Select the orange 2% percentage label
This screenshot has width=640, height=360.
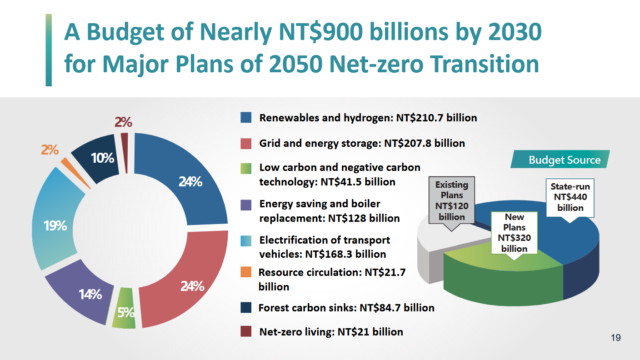49,150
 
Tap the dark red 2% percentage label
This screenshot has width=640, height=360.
123,121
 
